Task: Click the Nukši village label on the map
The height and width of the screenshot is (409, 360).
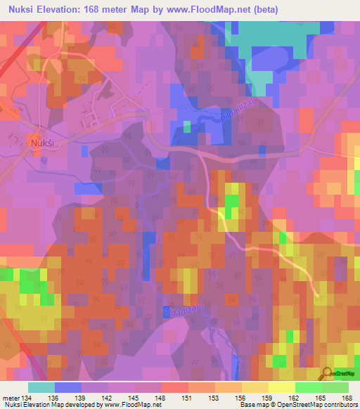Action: [x=41, y=142]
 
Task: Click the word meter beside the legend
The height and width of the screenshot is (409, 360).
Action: [x=11, y=397]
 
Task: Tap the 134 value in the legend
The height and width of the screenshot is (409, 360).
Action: [x=27, y=397]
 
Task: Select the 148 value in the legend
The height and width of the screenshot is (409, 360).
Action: [x=161, y=397]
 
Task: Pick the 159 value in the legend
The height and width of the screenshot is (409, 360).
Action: [x=267, y=397]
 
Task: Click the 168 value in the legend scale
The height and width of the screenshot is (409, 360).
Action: [x=347, y=397]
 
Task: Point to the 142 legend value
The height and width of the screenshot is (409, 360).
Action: [x=108, y=397]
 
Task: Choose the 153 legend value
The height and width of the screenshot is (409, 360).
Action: [x=214, y=397]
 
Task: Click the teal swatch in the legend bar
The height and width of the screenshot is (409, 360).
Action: [x=41, y=387]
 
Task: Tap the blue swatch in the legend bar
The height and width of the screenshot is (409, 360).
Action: [x=67, y=387]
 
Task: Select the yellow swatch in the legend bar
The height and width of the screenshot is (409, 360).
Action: [x=281, y=387]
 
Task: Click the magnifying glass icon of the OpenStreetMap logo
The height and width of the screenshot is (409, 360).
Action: [x=326, y=374]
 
